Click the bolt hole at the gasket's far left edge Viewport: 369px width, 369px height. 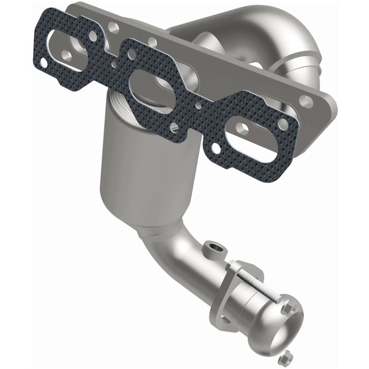pyautogui.click(x=43, y=62)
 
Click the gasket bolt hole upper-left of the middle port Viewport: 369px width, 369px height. pyautogui.click(x=130, y=54)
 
